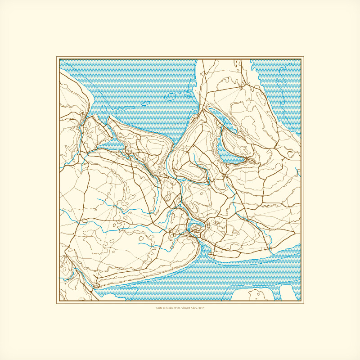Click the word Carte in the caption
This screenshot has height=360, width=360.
pyautogui.click(x=159, y=308)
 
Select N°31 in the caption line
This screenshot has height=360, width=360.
pyautogui.click(x=177, y=308)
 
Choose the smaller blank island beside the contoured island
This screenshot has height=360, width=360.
pyautogui.click(x=286, y=292)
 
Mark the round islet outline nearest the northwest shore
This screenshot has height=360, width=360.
pyautogui.click(x=103, y=108)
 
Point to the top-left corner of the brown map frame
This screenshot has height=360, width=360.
pyautogui.click(x=59, y=59)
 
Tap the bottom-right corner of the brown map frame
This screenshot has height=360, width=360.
pyautogui.click(x=301, y=301)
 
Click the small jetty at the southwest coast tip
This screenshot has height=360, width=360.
pyautogui.click(x=96, y=285)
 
